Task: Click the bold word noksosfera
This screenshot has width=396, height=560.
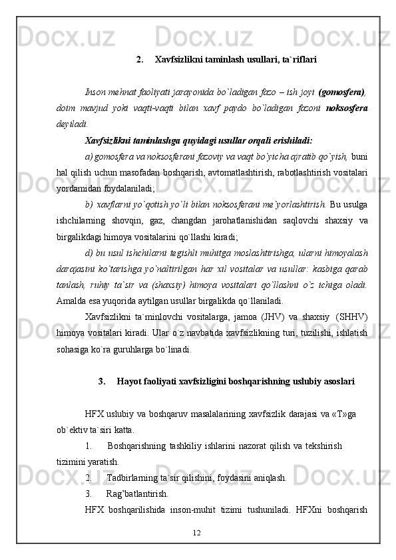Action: [x=348, y=107]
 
